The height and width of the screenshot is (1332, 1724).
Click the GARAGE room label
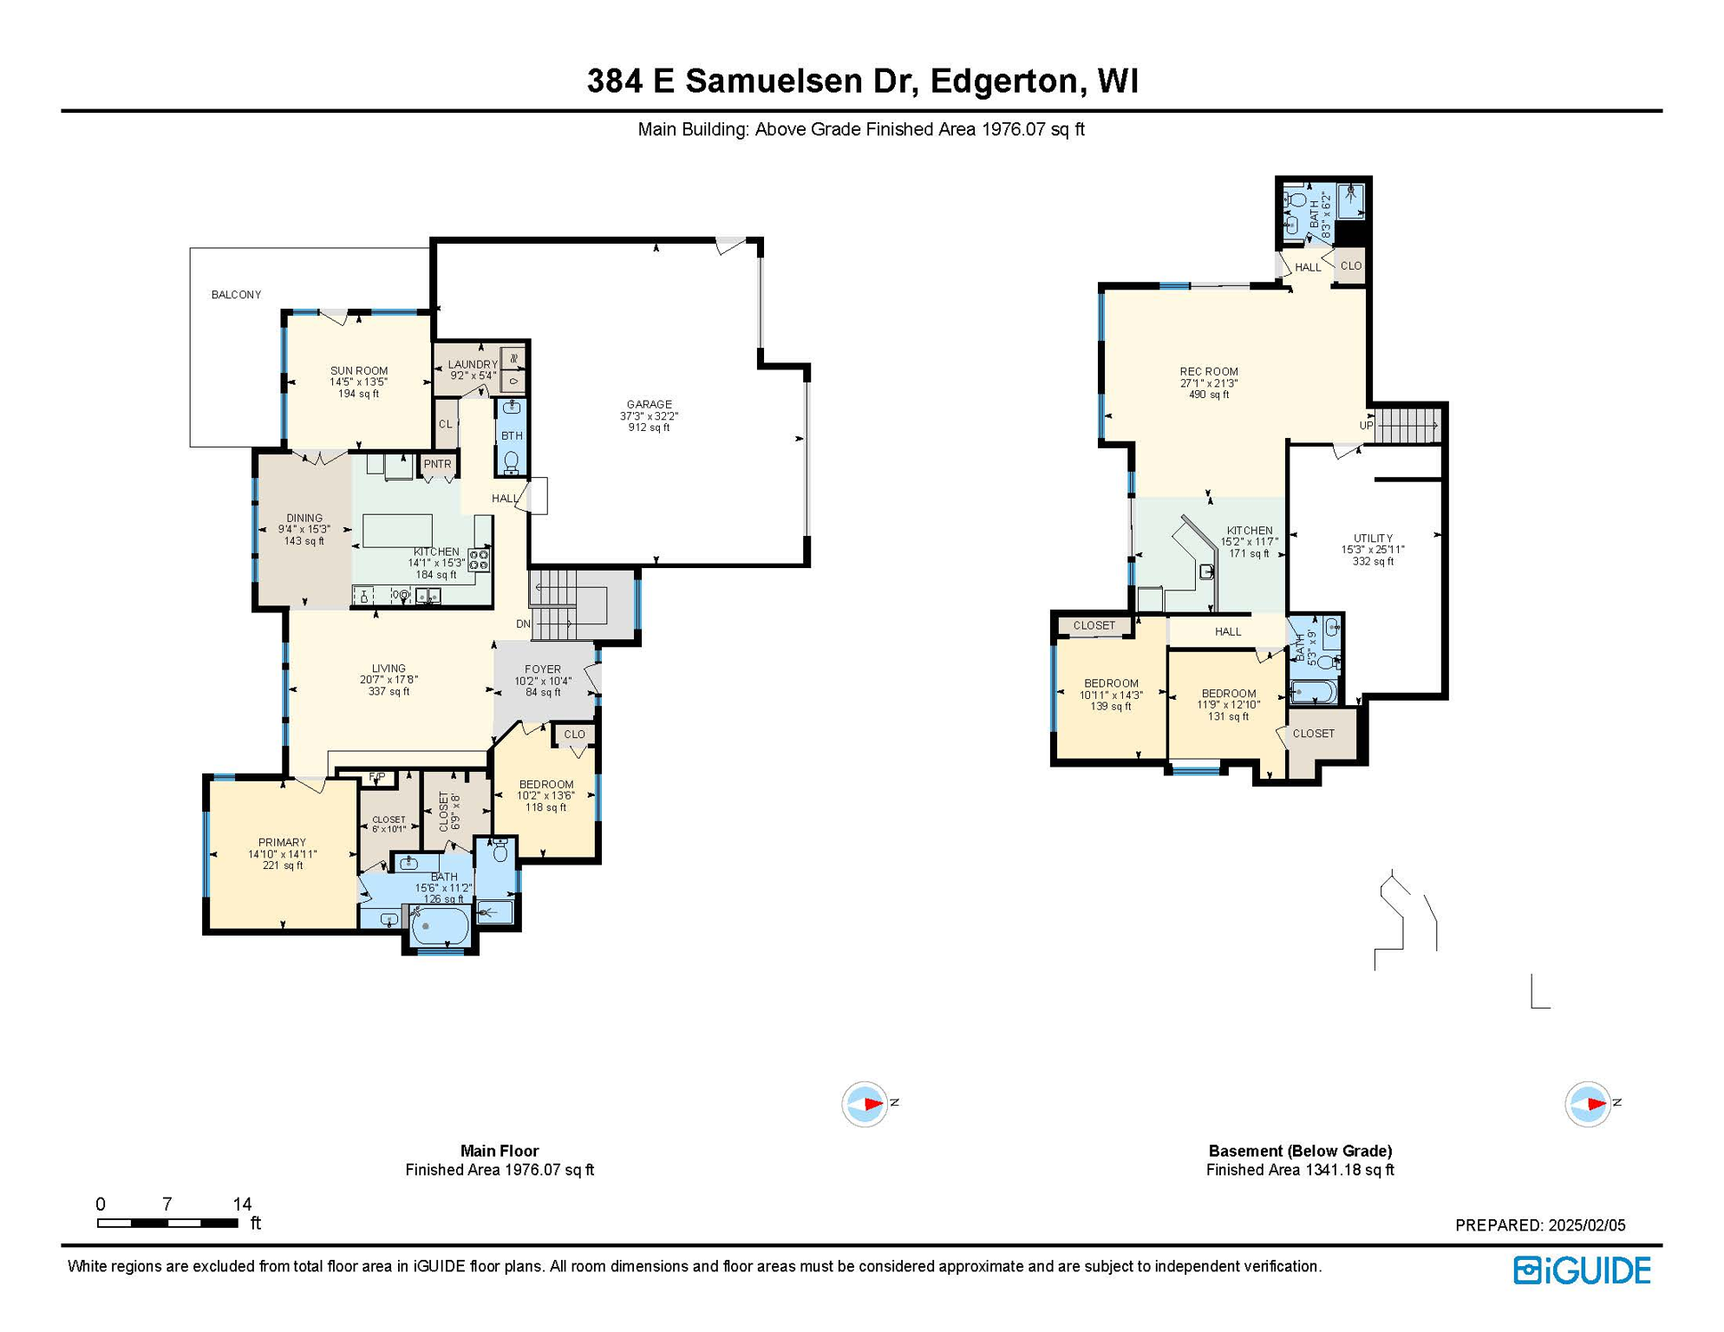coord(649,404)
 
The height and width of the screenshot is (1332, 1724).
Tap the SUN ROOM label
coord(358,371)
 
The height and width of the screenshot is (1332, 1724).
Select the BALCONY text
coord(236,295)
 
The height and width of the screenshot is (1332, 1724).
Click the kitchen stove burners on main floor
coord(479,559)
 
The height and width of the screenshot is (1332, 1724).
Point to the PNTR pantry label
coord(437,464)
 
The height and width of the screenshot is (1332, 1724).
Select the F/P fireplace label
coord(376,776)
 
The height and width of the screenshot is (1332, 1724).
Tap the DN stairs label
coord(523,624)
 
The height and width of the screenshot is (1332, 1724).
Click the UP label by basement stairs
coord(1366,426)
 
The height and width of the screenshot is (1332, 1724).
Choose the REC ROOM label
coord(1208,372)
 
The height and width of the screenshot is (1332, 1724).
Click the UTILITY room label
coord(1373,538)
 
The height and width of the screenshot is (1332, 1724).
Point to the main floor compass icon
coord(865,1104)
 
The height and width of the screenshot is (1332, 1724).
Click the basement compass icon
coord(1587,1104)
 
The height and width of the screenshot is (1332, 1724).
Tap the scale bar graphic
coord(167,1223)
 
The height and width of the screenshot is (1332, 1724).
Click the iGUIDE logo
coord(1582,1270)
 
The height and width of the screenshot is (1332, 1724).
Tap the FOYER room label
coord(543,669)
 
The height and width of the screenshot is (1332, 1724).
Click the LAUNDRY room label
coord(473,364)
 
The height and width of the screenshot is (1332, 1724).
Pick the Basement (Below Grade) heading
coord(1300,1151)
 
